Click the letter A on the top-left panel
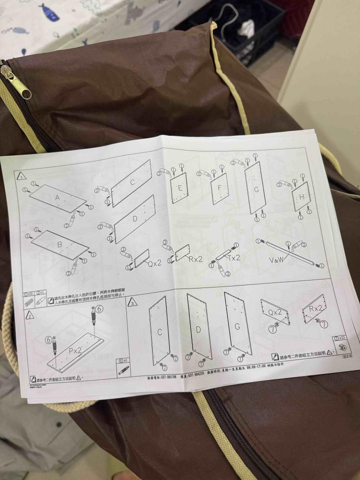57,197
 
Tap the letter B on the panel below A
59,245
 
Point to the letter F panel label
219,188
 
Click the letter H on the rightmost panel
301,196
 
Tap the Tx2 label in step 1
233,258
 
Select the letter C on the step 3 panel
159,331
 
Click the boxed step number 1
21,176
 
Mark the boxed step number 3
133,302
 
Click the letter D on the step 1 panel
134,219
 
